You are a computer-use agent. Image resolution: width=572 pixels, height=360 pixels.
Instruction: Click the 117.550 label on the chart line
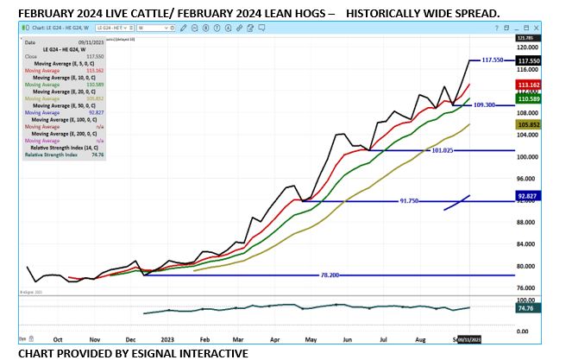tap(492, 60)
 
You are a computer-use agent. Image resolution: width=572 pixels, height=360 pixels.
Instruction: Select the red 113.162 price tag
tap(527, 85)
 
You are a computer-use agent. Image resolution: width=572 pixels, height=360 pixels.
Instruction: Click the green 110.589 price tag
tap(527, 100)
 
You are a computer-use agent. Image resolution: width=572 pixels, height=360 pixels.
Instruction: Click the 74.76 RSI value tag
tap(525, 306)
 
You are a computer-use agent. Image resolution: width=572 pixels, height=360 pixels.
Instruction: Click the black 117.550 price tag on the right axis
tap(527, 61)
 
